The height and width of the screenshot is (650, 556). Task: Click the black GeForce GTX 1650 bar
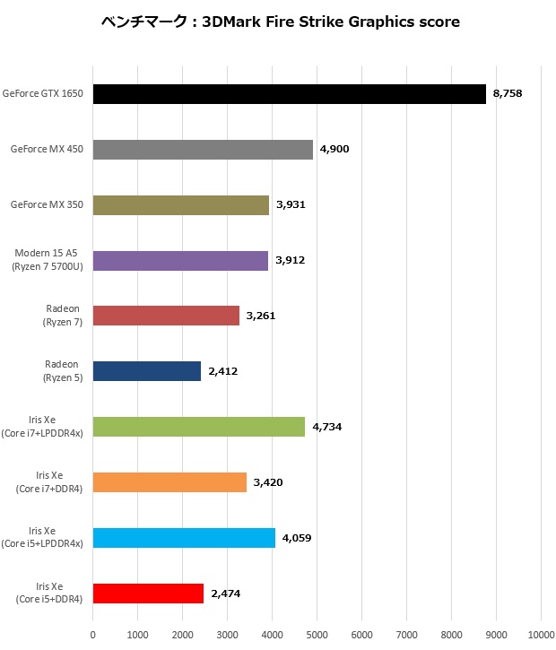(x=289, y=94)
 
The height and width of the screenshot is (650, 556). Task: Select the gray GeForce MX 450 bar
(x=203, y=150)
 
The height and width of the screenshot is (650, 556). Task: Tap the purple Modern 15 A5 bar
(x=180, y=261)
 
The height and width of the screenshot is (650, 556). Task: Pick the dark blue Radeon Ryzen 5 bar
(x=147, y=371)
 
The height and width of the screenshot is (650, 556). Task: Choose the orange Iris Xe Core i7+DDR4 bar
(x=169, y=482)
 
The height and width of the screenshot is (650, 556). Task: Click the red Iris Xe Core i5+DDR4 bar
(x=148, y=594)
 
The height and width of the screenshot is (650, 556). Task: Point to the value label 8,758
(x=508, y=93)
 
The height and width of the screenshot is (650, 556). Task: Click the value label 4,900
(x=335, y=149)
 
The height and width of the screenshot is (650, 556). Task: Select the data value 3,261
(x=262, y=316)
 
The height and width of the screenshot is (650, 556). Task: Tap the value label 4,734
(x=327, y=427)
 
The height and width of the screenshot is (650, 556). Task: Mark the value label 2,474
(x=226, y=594)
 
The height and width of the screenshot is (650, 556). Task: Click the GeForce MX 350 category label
(x=47, y=205)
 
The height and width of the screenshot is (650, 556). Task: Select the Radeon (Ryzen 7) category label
(x=63, y=316)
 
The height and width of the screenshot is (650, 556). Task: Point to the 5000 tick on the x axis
(x=317, y=635)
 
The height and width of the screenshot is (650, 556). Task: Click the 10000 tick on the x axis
(x=541, y=635)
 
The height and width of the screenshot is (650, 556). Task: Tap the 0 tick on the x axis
(x=93, y=635)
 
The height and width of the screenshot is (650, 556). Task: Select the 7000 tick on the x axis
(x=406, y=635)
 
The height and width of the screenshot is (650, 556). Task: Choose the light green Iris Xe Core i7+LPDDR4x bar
(x=199, y=427)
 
